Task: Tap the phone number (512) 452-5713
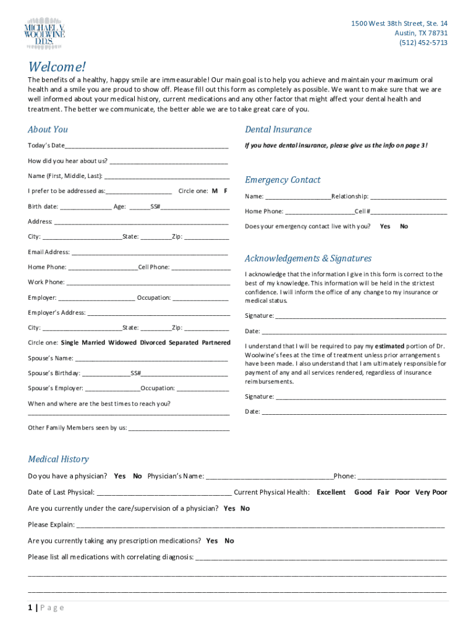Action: click(x=423, y=43)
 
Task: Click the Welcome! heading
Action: click(x=57, y=67)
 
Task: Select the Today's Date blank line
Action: click(x=147, y=146)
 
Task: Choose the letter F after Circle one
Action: click(x=226, y=191)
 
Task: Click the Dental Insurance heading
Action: click(x=278, y=129)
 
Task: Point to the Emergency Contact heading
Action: click(x=283, y=180)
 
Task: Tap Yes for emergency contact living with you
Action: click(x=385, y=226)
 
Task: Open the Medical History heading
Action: click(x=58, y=459)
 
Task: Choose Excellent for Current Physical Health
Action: click(x=331, y=493)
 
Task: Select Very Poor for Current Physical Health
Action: click(x=431, y=493)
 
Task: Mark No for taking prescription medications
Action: click(x=229, y=541)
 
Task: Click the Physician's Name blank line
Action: click(x=270, y=477)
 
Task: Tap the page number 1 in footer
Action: click(x=30, y=608)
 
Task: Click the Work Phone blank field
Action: click(x=148, y=283)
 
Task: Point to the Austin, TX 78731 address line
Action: click(x=422, y=33)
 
